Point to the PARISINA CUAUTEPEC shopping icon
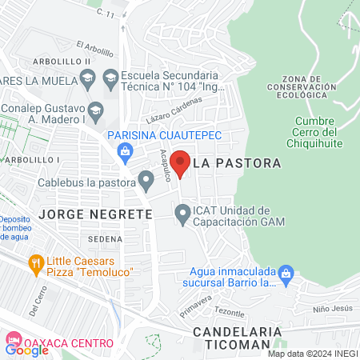point(124,150)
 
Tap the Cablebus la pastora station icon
point(146,179)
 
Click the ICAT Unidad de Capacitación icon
point(183,214)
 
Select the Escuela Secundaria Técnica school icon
point(110,78)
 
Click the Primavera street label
point(196,305)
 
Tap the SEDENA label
point(106,238)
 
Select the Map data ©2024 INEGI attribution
point(311,354)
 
